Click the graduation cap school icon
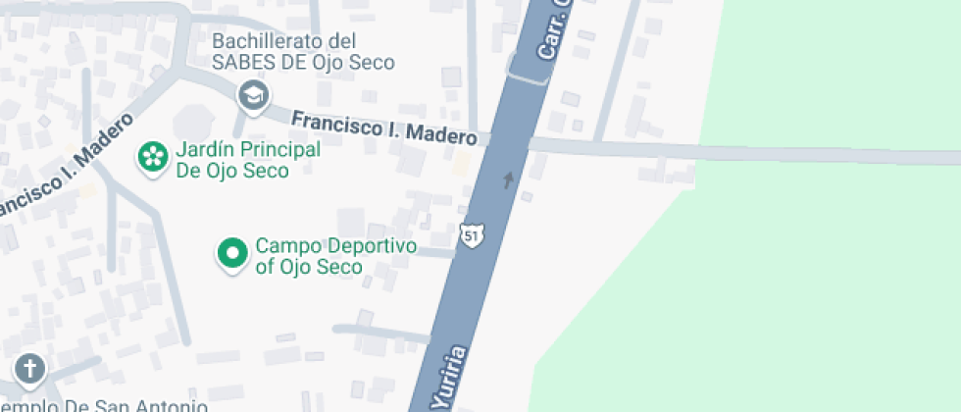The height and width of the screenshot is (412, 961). (254, 96)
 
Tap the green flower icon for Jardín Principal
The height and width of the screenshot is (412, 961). (152, 157)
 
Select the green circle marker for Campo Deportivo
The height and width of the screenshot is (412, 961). (232, 254)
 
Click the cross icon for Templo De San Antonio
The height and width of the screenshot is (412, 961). (30, 369)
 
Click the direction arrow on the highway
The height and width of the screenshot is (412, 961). (508, 180)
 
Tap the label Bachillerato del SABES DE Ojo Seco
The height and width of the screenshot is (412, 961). (304, 52)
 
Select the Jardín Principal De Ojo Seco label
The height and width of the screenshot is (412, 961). (247, 160)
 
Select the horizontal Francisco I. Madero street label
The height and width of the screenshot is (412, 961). (384, 128)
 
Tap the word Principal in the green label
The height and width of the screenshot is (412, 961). (277, 150)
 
